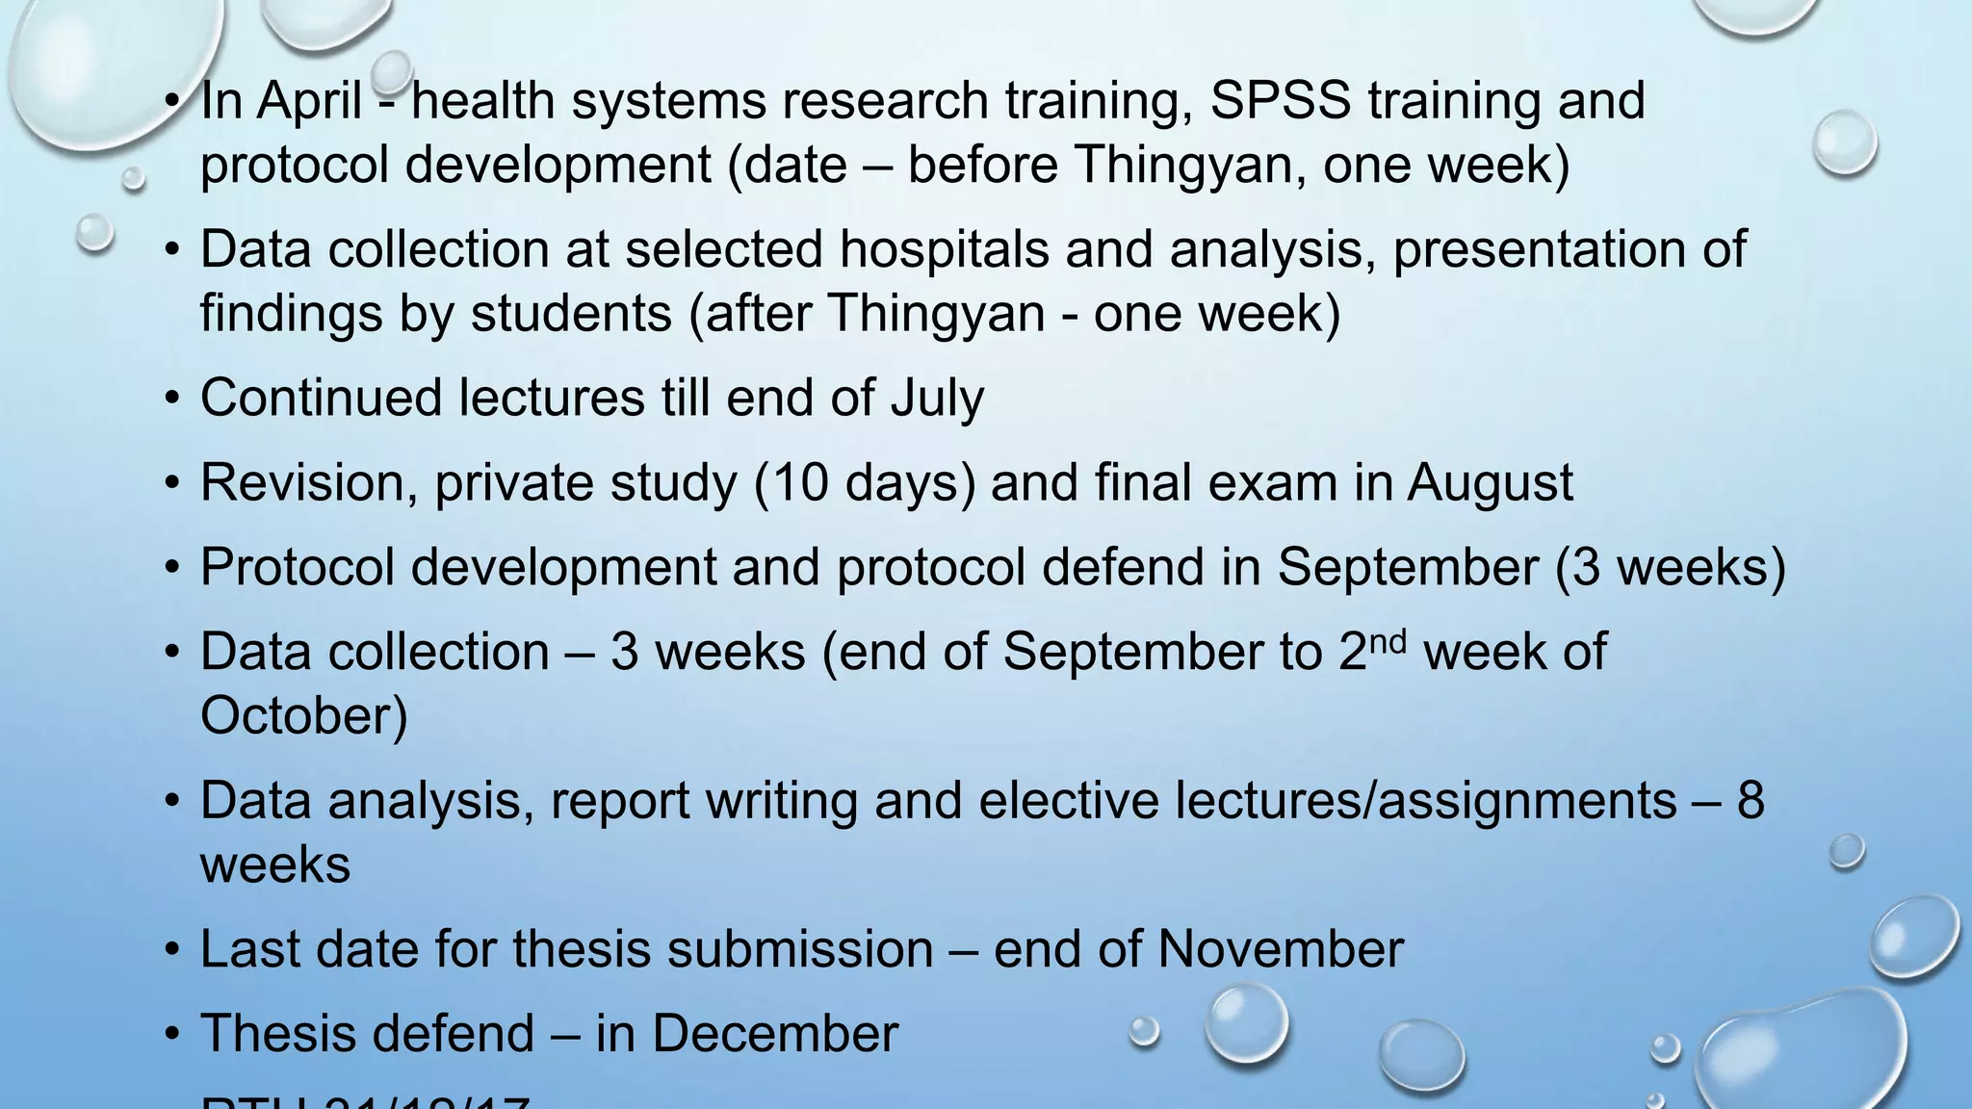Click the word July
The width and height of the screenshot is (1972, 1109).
tap(936, 399)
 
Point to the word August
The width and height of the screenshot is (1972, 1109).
tap(1490, 483)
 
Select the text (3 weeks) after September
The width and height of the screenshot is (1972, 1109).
tap(1671, 567)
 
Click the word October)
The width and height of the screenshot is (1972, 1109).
tap(304, 716)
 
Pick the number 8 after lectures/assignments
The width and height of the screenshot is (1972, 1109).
tap(1750, 801)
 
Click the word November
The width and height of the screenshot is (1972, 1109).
tap(1280, 949)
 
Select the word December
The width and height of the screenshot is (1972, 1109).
tap(774, 1034)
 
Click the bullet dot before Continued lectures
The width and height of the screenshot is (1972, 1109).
tap(172, 400)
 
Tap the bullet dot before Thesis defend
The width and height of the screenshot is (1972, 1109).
tap(172, 1035)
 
